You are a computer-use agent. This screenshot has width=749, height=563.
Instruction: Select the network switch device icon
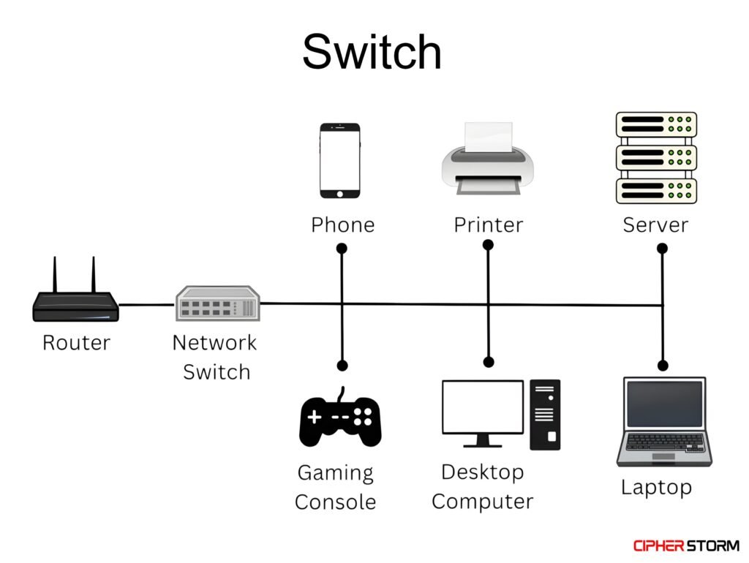click(x=218, y=303)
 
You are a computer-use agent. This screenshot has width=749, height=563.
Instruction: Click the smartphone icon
click(x=340, y=160)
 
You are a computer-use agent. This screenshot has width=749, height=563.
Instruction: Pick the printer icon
click(x=487, y=161)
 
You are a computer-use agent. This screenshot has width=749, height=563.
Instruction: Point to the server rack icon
click(x=656, y=158)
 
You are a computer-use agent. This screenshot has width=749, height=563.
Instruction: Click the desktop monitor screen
click(x=483, y=408)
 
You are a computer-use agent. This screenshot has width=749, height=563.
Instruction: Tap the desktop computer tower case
click(x=545, y=414)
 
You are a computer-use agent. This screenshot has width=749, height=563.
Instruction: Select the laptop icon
click(x=663, y=422)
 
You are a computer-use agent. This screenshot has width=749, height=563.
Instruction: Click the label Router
click(x=76, y=342)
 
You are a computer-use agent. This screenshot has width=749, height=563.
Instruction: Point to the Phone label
click(x=342, y=224)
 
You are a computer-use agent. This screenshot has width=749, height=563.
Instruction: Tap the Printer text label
click(x=489, y=224)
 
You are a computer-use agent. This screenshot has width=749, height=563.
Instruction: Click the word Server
click(x=655, y=224)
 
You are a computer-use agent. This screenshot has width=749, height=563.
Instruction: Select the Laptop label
click(x=656, y=487)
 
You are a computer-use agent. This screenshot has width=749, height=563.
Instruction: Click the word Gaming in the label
click(x=335, y=473)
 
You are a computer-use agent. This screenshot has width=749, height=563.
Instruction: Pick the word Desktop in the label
click(x=482, y=472)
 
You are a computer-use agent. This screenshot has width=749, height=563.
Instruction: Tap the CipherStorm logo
click(x=685, y=545)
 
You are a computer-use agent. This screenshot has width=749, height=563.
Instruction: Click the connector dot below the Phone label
click(x=342, y=249)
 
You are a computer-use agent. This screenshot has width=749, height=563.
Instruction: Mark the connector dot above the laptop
click(x=663, y=365)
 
